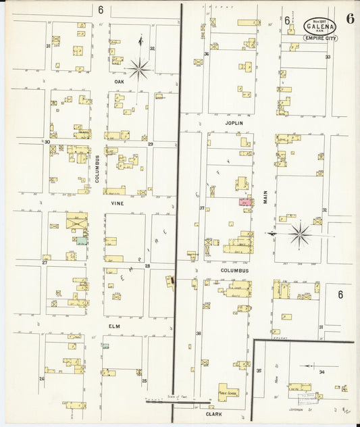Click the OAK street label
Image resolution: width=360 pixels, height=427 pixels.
(x=119, y=82)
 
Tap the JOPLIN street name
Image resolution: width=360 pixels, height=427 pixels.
(x=232, y=124)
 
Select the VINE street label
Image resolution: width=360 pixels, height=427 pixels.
(x=118, y=202)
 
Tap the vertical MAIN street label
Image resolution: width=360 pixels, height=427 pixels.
(x=266, y=197)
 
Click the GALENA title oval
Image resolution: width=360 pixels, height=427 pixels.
(x=321, y=26)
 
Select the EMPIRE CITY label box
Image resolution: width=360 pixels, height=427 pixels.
(x=321, y=39)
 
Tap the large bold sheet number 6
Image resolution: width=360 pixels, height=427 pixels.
(x=350, y=19)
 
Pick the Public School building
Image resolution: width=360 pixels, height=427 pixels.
(x=227, y=391)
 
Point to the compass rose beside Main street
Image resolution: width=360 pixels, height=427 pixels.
(x=299, y=234)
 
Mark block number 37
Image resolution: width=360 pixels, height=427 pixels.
(x=201, y=208)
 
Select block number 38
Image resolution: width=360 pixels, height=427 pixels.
(x=199, y=333)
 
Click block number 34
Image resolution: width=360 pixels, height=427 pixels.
(x=322, y=372)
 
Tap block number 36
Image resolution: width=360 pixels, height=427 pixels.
(x=207, y=53)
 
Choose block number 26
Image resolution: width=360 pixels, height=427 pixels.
(x=41, y=378)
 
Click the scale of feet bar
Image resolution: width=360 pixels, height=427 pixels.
(x=170, y=401)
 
